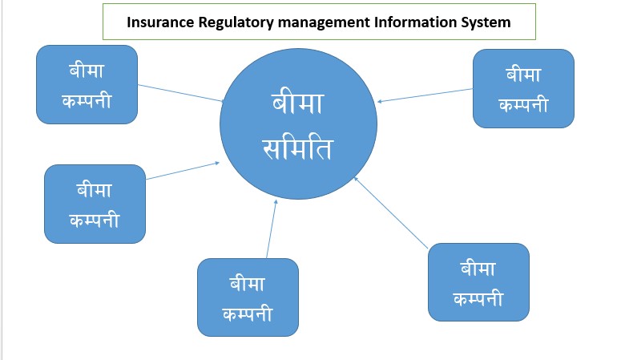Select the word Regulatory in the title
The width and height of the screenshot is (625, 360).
229,22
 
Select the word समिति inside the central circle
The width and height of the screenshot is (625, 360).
298,148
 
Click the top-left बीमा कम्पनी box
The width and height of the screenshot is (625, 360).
87,84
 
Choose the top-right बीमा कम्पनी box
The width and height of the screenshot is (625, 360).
523,88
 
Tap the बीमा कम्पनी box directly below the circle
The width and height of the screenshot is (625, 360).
248,297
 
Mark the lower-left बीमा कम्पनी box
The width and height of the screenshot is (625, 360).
95,204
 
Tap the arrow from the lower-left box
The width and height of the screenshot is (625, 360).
183,171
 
